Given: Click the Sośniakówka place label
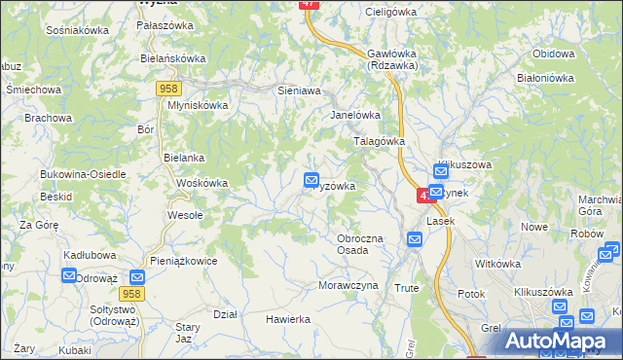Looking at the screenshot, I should [77, 30].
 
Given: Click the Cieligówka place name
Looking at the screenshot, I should [389, 12].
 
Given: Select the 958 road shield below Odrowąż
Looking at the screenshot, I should [133, 293].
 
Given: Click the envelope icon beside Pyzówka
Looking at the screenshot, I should [311, 179].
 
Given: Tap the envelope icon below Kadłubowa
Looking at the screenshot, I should [69, 275].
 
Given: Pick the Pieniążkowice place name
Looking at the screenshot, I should [183, 261].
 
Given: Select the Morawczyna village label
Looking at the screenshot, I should [347, 286].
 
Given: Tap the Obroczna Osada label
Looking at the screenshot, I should [359, 244].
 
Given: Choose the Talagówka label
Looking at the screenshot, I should [378, 141].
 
